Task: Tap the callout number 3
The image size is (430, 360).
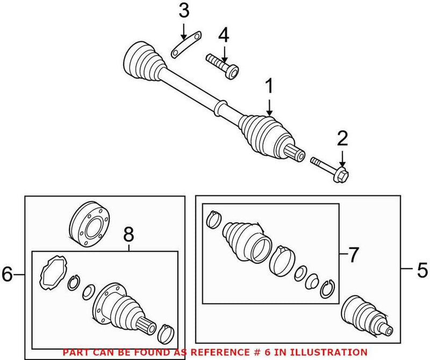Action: coord(184,10)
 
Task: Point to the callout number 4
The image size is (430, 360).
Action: coord(224,37)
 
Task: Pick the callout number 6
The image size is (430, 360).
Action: coord(8,274)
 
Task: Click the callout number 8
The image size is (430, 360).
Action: coord(128,235)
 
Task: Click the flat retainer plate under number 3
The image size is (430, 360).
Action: coord(184,45)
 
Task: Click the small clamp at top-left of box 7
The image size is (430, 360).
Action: coord(214,218)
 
